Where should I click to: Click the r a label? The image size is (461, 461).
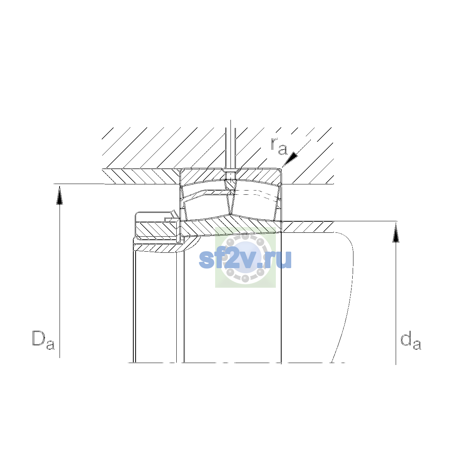[x=279, y=146]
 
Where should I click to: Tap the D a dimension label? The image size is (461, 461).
[x=43, y=340]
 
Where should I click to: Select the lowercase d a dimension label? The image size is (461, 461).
[x=411, y=340]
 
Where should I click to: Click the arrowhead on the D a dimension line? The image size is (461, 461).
[x=60, y=196]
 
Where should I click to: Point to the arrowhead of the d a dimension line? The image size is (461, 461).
[x=396, y=232]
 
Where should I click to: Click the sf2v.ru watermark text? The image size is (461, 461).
[x=245, y=260]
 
